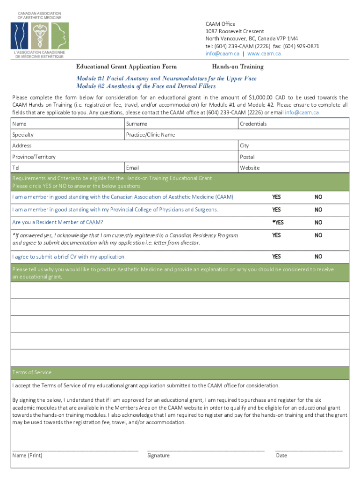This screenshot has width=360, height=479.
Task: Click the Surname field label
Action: click(x=137, y=124)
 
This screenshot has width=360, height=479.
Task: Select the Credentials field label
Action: click(x=253, y=124)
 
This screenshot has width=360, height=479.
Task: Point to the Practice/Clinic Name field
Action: click(x=151, y=135)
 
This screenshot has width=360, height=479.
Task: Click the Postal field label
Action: click(x=247, y=157)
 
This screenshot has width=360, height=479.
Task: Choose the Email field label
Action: click(x=133, y=167)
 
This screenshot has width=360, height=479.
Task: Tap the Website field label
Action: click(x=250, y=167)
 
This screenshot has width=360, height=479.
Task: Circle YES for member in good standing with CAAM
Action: click(x=277, y=197)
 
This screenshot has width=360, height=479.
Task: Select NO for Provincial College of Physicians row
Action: click(x=318, y=210)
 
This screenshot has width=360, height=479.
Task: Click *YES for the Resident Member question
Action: click(x=278, y=222)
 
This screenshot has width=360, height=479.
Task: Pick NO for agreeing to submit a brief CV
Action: click(x=318, y=257)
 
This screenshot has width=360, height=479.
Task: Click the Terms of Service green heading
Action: click(x=32, y=372)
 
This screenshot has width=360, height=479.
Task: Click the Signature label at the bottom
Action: click(x=158, y=456)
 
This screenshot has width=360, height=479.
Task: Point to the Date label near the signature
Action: click(x=281, y=456)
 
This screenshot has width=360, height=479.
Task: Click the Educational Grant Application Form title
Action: click(x=127, y=67)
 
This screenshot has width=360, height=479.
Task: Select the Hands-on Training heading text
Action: click(x=238, y=67)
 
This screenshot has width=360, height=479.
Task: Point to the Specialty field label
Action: click(x=23, y=135)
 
